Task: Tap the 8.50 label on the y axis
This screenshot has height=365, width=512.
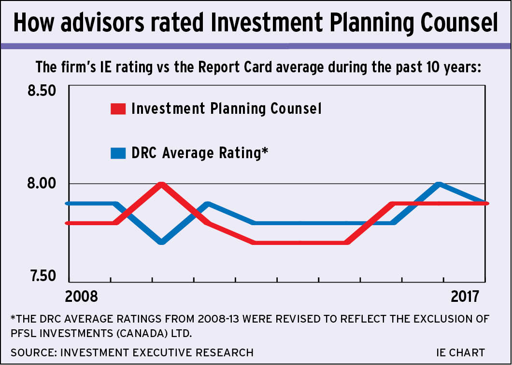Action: pos(42,91)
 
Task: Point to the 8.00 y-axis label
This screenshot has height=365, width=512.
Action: pos(42,184)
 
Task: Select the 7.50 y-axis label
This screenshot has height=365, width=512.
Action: pos(42,277)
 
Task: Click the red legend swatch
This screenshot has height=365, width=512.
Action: pos(118,109)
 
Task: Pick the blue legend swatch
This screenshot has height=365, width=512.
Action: pos(118,153)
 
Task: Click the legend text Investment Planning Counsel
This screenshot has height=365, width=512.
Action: pos(226,108)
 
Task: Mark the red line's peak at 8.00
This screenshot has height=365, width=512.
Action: pos(162,184)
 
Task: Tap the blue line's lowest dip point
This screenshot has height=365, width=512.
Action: pos(162,241)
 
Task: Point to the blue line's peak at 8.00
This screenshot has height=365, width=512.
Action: pos(439,184)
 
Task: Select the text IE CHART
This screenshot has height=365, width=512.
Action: pos(460,352)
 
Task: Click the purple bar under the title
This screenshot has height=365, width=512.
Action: pos(256,46)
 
